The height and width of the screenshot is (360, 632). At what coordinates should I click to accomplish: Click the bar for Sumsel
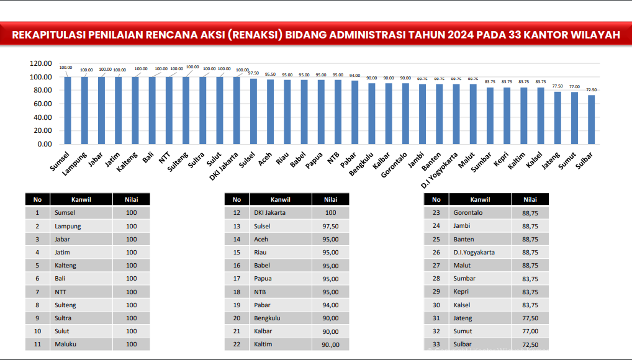[x=68, y=110]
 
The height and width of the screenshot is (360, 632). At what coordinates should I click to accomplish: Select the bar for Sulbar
[x=592, y=119]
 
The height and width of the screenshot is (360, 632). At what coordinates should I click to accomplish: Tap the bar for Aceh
[x=270, y=112]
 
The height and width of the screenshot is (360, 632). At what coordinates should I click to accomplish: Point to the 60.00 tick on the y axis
[x=45, y=104]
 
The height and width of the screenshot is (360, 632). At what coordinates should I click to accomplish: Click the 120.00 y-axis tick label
[x=41, y=63]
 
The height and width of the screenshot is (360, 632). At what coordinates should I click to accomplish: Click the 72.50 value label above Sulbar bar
[x=592, y=90]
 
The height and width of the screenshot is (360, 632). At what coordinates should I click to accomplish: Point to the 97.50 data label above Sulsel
[x=253, y=73]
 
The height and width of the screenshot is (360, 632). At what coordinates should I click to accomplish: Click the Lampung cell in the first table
[x=68, y=226]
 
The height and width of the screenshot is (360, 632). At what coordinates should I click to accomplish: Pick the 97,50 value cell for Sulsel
[x=330, y=226]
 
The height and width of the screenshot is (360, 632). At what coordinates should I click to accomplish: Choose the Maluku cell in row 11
[x=66, y=344]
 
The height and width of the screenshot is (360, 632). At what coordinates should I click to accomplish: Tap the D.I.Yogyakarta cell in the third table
[x=474, y=252]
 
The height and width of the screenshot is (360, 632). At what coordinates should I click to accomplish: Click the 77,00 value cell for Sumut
[x=530, y=331]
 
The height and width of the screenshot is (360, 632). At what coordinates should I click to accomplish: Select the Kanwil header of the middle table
[x=281, y=199]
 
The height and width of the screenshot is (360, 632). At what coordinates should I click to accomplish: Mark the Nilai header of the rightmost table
[x=530, y=199]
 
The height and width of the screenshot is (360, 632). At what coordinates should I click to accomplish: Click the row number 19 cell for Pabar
[x=237, y=305]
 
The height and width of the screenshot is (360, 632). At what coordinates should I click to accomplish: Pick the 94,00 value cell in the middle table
[x=330, y=305]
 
